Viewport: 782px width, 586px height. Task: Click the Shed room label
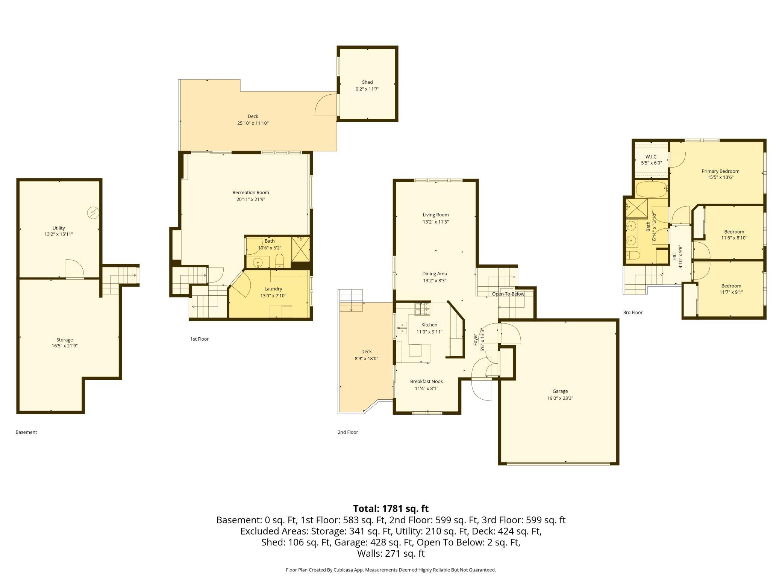(367, 82)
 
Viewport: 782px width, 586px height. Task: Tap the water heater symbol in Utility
(93, 213)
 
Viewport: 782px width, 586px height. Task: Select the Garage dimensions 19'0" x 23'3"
(560, 398)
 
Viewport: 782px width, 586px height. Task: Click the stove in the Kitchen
(422, 309)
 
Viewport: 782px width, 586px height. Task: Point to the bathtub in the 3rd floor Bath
(651, 190)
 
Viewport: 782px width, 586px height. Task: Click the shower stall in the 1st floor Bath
(300, 249)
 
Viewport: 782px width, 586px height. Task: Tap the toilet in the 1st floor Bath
(279, 260)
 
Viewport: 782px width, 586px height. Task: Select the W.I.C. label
(651, 157)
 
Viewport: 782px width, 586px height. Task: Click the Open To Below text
(508, 294)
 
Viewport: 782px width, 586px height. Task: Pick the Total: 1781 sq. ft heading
(391, 509)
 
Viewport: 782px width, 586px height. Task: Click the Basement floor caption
(26, 432)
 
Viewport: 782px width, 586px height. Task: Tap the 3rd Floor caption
(633, 312)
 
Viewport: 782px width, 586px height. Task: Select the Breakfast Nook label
(426, 381)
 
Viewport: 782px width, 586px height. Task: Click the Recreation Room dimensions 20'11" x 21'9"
(251, 199)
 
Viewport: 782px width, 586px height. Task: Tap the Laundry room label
(273, 289)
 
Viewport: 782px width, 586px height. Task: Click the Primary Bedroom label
(720, 171)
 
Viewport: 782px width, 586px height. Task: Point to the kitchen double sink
(402, 328)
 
